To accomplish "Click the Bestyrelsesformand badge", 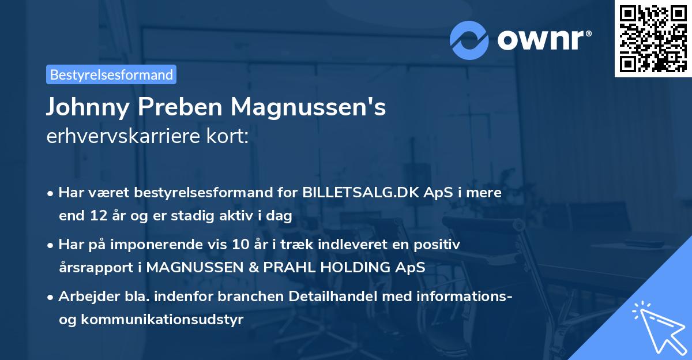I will (x=111, y=74).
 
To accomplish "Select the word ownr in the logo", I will (x=541, y=39).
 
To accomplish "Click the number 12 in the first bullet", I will (x=96, y=216).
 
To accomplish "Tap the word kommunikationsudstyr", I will (x=162, y=320).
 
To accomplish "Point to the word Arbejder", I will (x=85, y=297).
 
